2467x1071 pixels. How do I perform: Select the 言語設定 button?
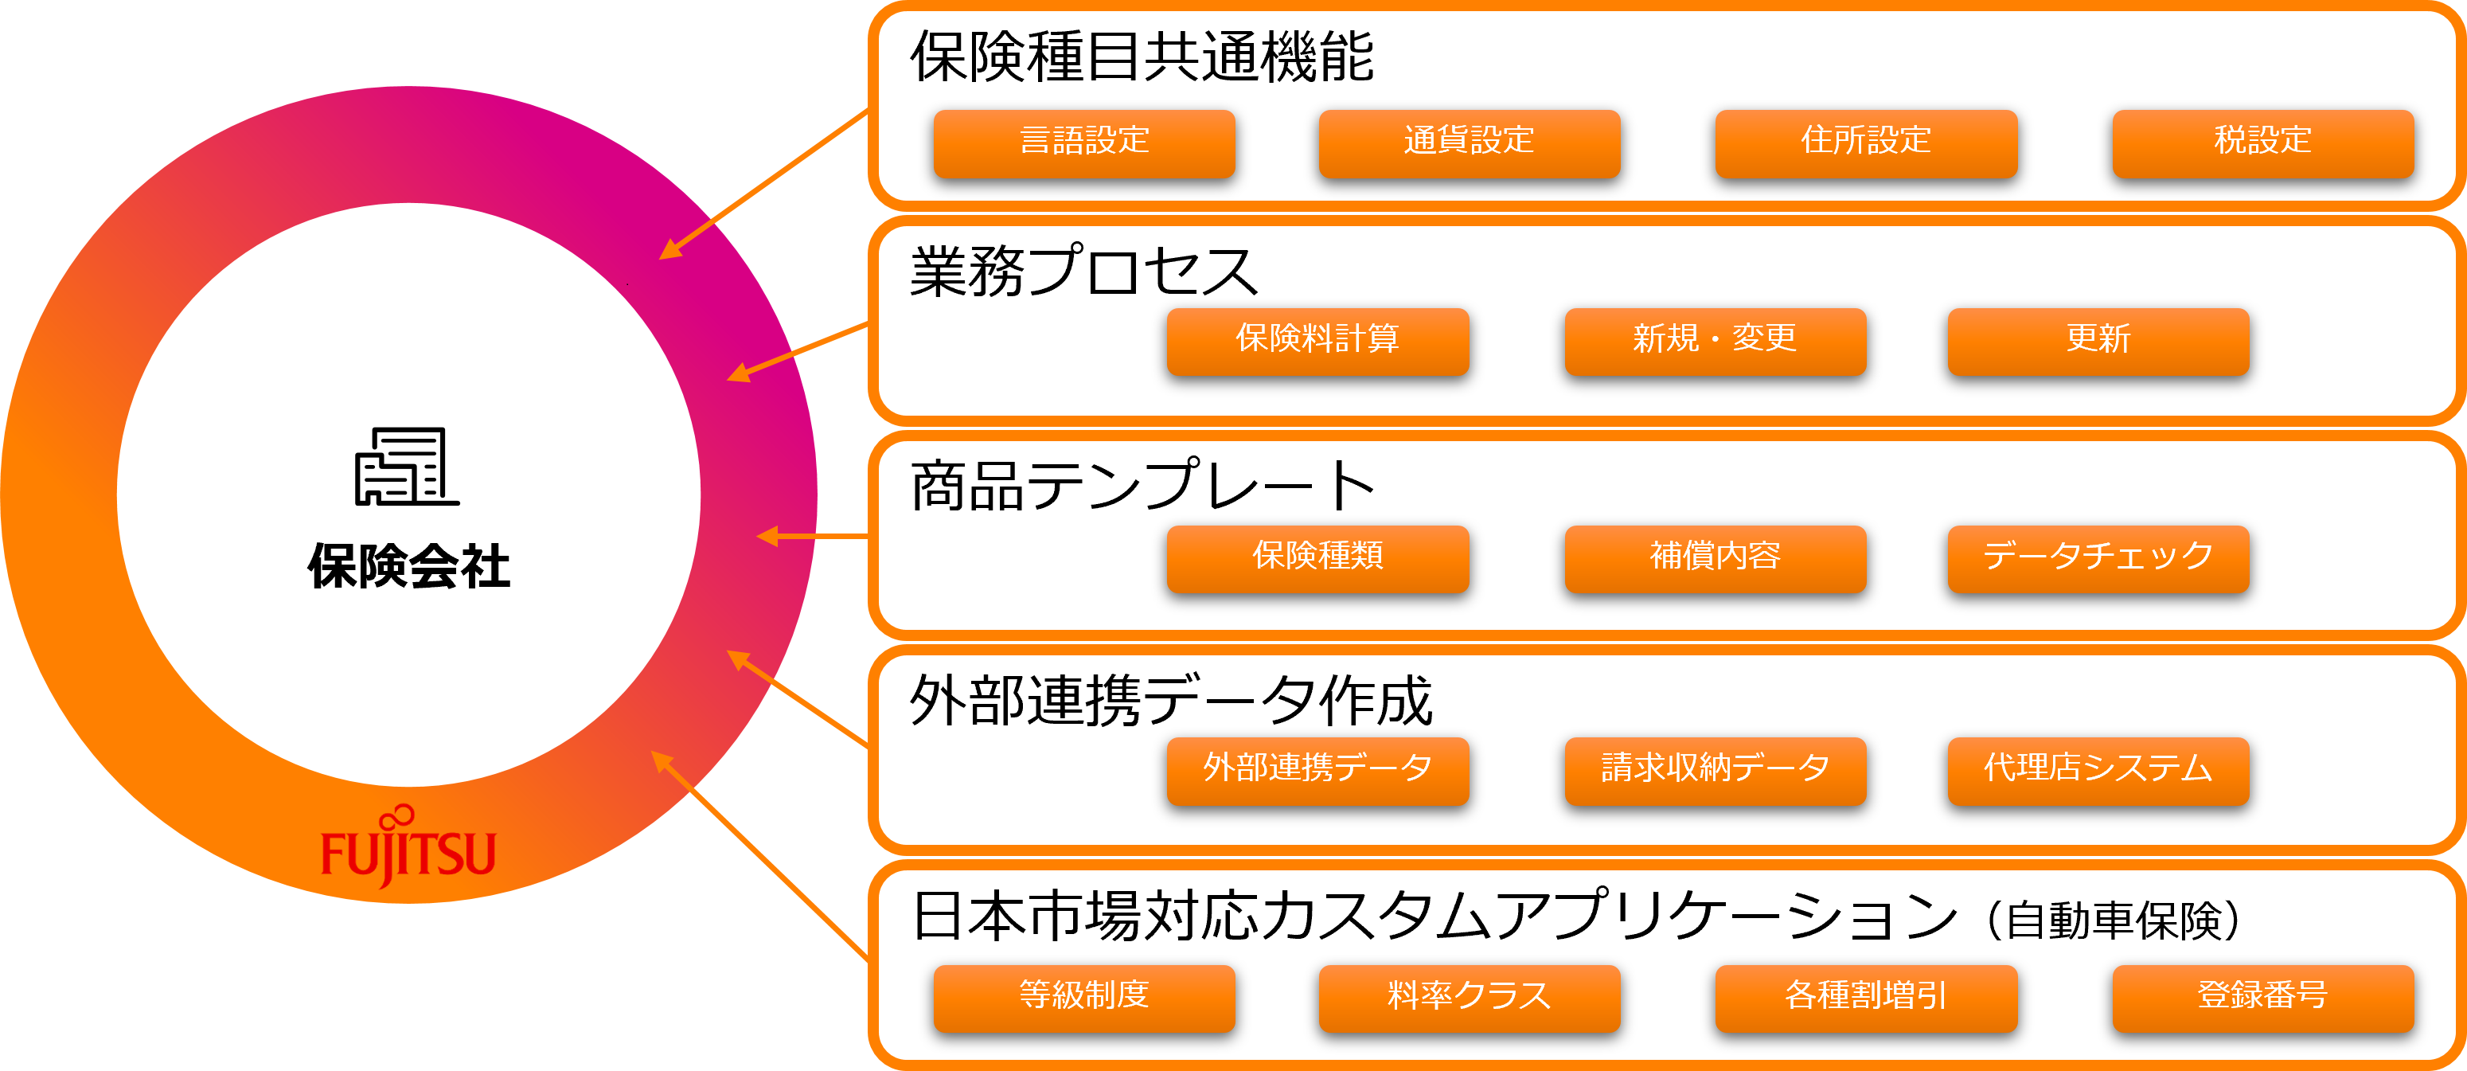pyautogui.click(x=1084, y=143)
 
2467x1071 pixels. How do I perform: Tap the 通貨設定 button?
pyautogui.click(x=1469, y=143)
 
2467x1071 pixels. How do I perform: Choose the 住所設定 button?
pyautogui.click(x=1865, y=143)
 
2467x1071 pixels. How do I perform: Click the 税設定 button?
pyautogui.click(x=2262, y=143)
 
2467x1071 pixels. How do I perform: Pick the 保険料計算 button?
pyautogui.click(x=1317, y=340)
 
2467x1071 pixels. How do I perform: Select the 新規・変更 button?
pyautogui.click(x=1714, y=340)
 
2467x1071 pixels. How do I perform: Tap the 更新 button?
pyautogui.click(x=2098, y=340)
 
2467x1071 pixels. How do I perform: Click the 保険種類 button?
pyautogui.click(x=1317, y=557)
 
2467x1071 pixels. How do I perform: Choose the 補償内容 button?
pyautogui.click(x=1714, y=557)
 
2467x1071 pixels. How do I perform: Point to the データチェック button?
pyautogui.click(x=2098, y=557)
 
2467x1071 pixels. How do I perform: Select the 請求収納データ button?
pyautogui.click(x=1714, y=769)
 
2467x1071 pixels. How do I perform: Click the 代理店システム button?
pyautogui.click(x=2098, y=769)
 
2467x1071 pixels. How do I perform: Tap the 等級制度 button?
pyautogui.click(x=1084, y=997)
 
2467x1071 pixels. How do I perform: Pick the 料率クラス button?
pyautogui.click(x=1469, y=997)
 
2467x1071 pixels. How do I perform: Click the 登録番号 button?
pyautogui.click(x=2262, y=997)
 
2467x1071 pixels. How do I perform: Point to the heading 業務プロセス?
pyautogui.click(x=1083, y=272)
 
